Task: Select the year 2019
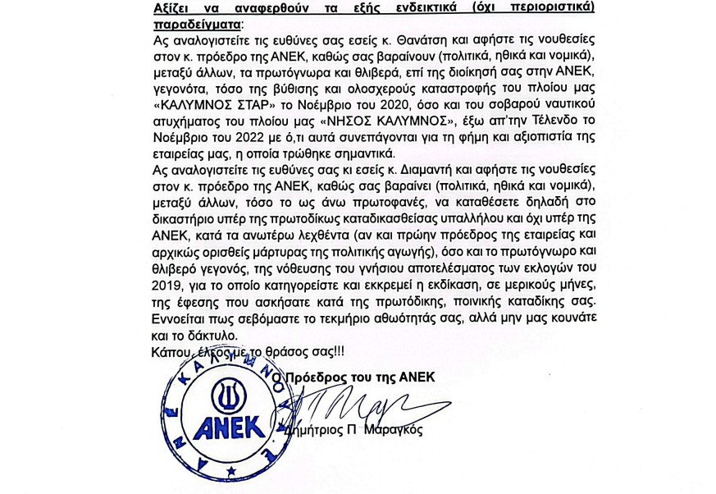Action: point(170,286)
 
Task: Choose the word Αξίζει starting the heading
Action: point(172,7)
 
